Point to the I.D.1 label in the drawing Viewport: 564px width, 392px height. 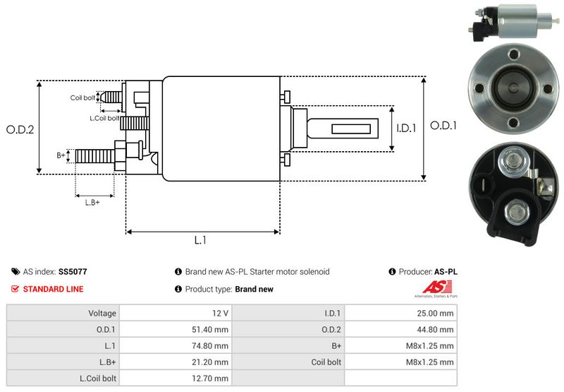(407, 129)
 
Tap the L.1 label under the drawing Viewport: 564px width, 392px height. (200, 240)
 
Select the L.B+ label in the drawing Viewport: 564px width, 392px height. (92, 203)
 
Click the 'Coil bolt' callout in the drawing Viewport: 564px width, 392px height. (82, 97)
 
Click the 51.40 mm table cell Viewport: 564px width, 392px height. (176, 329)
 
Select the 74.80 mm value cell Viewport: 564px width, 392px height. (176, 346)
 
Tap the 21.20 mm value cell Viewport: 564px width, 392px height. (176, 362)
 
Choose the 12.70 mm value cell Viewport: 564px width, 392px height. (176, 379)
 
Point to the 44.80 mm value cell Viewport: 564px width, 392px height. (402, 329)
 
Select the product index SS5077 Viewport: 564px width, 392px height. (73, 271)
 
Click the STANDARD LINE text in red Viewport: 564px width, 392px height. (53, 289)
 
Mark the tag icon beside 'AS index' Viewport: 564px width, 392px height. (16, 271)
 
